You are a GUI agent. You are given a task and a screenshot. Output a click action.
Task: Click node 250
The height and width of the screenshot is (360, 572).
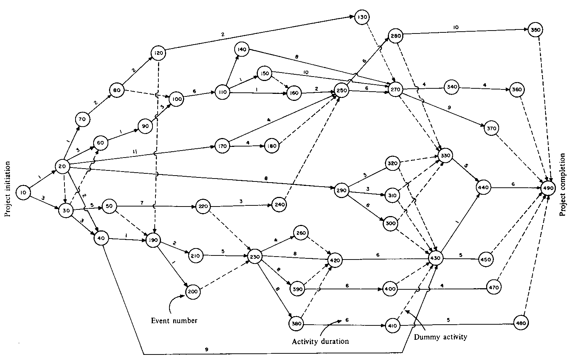click(x=341, y=91)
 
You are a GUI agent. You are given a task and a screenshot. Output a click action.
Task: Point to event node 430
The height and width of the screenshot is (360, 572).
click(x=436, y=258)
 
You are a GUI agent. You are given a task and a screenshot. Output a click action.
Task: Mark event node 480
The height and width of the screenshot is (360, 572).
click(x=521, y=323)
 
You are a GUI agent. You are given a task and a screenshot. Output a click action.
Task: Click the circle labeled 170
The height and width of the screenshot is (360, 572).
click(x=223, y=146)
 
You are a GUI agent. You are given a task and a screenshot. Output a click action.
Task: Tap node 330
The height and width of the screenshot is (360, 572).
click(x=445, y=156)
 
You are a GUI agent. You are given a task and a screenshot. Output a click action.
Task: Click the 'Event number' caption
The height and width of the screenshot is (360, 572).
click(x=174, y=321)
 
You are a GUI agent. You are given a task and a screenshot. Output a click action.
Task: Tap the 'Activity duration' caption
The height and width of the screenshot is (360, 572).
click(x=320, y=341)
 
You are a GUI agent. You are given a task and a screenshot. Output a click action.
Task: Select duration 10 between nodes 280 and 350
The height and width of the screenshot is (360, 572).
click(x=456, y=27)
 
